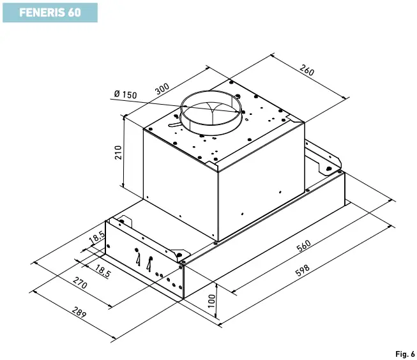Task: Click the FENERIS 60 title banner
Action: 50,12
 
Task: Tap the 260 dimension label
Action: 307,71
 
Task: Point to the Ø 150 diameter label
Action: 125,95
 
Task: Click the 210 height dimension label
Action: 118,154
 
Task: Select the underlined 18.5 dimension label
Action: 103,271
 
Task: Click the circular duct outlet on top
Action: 211,112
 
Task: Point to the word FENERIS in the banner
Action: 39,12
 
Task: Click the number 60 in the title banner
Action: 74,12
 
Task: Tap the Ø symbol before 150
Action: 117,95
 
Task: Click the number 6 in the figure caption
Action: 413,353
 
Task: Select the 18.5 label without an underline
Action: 97,237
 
